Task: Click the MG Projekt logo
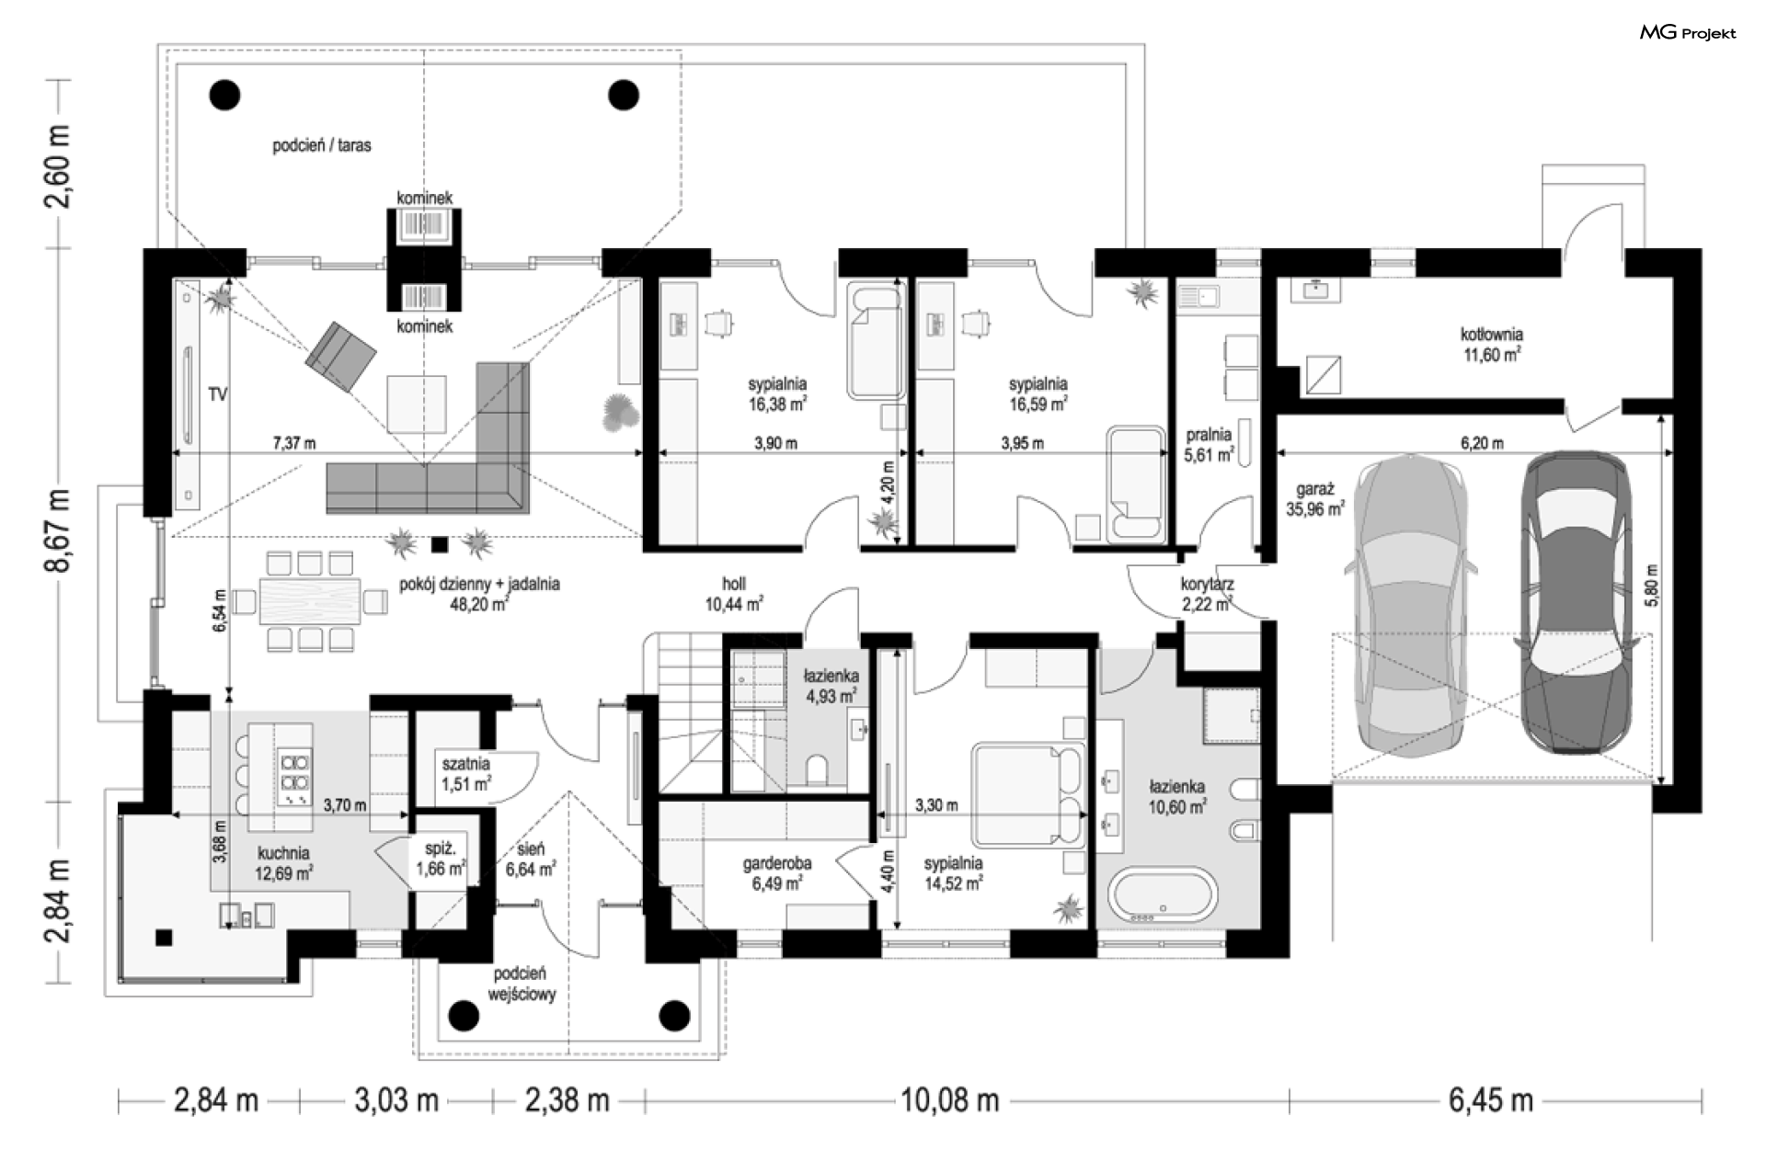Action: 1688,33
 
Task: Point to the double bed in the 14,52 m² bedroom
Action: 1028,794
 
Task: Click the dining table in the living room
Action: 309,601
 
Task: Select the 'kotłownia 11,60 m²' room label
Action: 1492,344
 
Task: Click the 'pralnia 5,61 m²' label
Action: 1209,445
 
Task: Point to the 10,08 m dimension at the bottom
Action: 949,1099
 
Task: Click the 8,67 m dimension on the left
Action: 58,530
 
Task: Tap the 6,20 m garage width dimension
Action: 1482,443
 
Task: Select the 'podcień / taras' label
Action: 322,145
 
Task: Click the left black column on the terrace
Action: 224,94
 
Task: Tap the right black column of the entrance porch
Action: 675,1016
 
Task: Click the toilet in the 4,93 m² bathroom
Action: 816,770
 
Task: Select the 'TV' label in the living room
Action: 217,394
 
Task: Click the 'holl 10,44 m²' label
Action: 734,594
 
